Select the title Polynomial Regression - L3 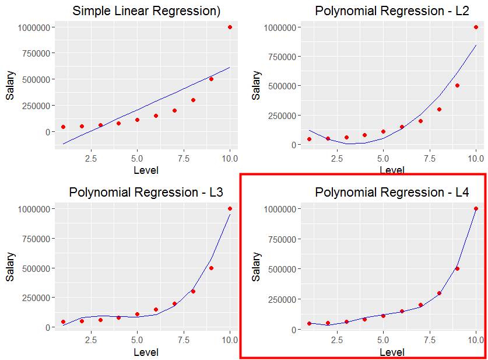click(x=146, y=192)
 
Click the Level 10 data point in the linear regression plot click(x=230, y=27)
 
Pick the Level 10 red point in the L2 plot click(x=476, y=27)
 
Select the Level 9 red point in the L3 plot click(x=211, y=268)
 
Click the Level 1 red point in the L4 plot click(x=309, y=323)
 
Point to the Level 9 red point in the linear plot click(x=211, y=79)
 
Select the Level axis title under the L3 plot click(x=146, y=352)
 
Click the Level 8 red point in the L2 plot click(x=439, y=109)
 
